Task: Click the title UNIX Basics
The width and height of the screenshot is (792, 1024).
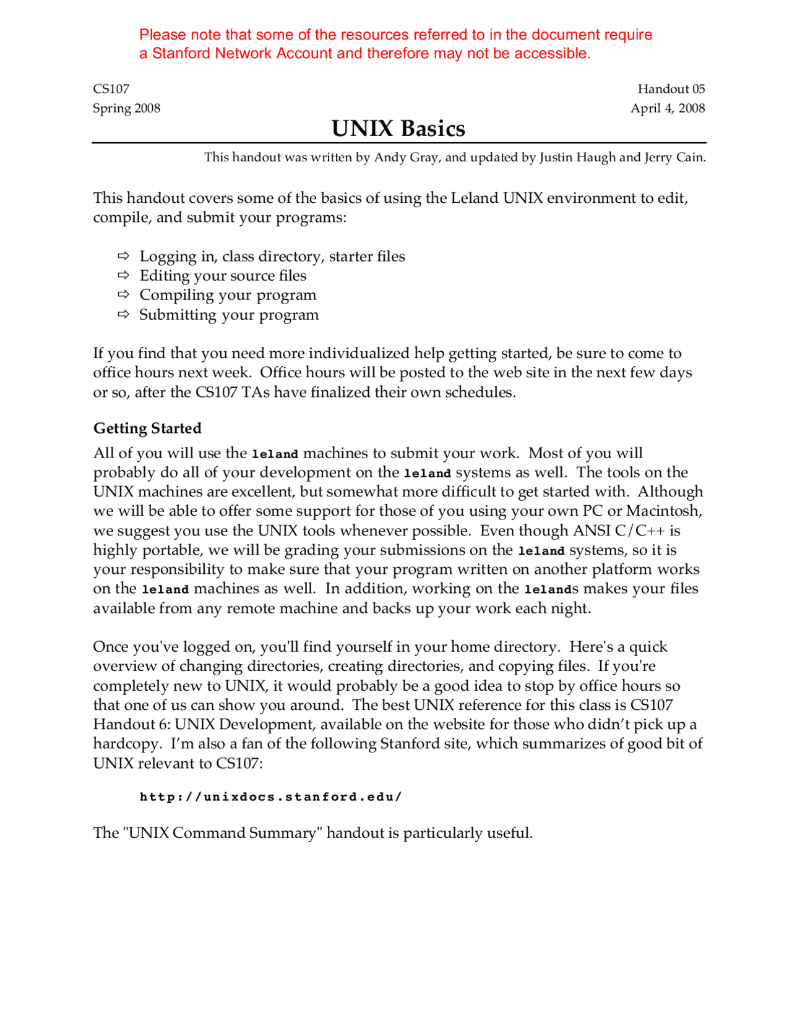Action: click(398, 129)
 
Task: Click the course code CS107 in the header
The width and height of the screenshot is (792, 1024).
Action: click(111, 89)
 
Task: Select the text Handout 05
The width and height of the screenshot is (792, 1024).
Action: click(671, 89)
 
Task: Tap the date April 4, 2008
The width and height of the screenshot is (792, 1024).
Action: click(667, 108)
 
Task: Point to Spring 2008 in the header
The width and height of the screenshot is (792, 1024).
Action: click(126, 108)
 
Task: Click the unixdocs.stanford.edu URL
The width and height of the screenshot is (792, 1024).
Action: click(270, 796)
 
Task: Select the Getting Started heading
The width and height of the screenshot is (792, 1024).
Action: click(147, 428)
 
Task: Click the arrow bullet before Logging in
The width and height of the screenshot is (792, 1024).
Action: click(124, 255)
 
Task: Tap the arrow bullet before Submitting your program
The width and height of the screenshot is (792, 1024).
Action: click(124, 314)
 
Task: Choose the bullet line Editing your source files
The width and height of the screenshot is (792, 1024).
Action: click(223, 275)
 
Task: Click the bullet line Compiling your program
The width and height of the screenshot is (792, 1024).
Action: click(228, 295)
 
